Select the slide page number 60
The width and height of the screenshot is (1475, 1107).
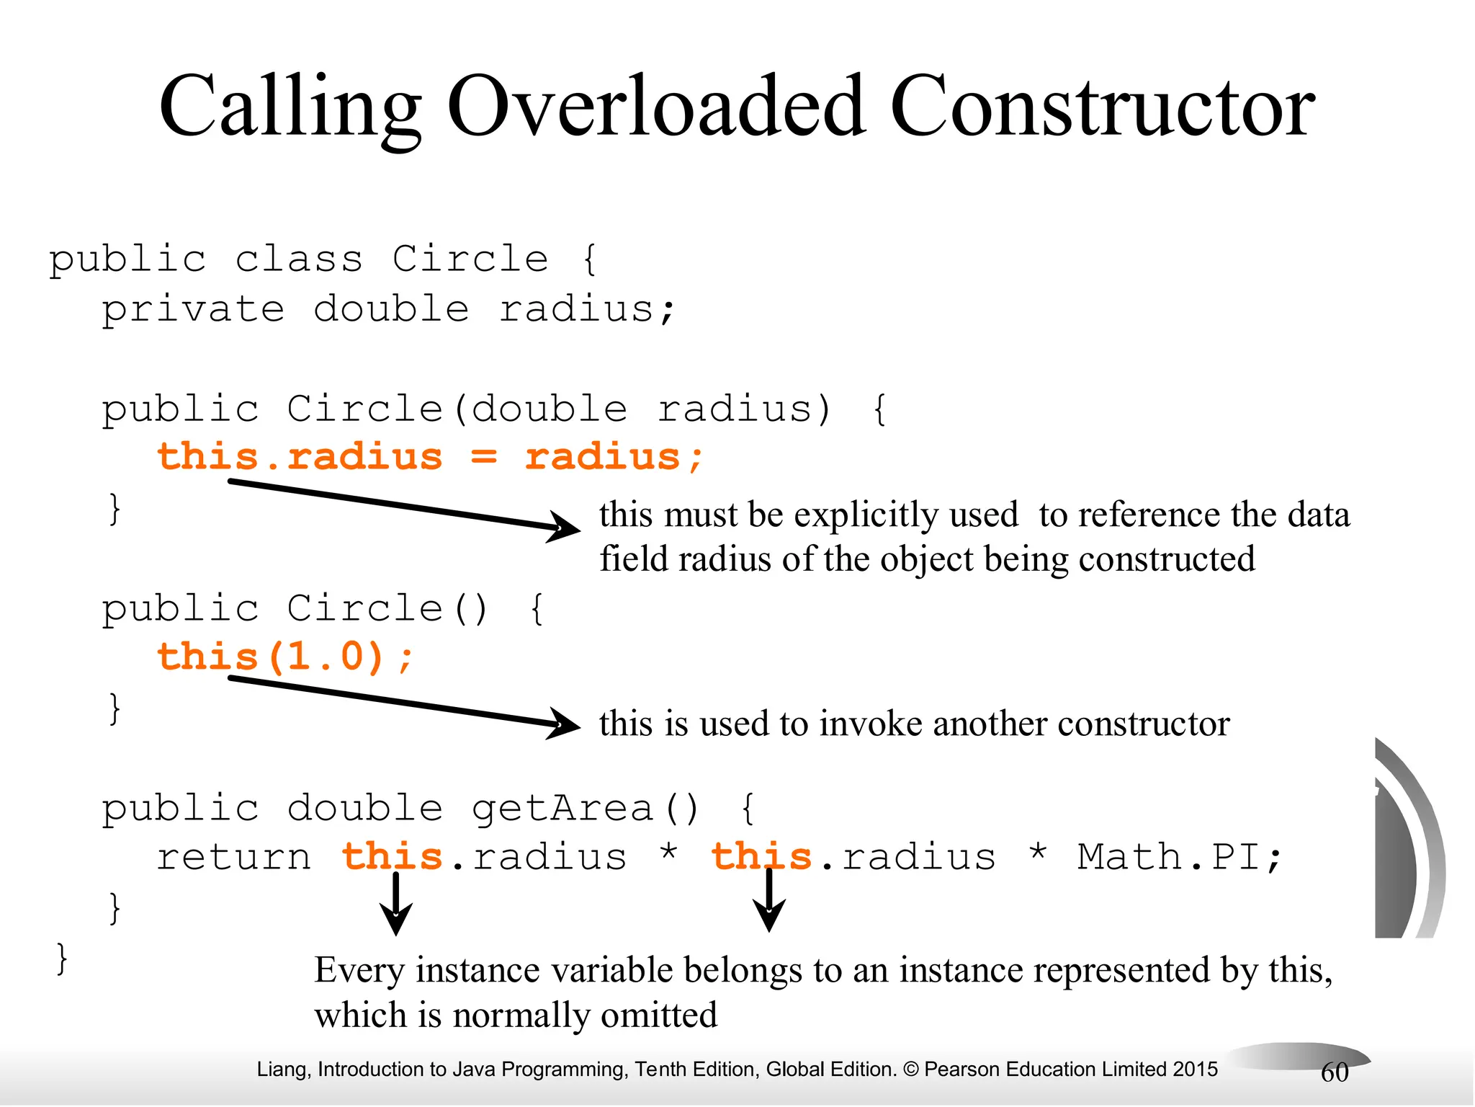(x=1335, y=1072)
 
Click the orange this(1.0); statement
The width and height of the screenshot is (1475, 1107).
(x=285, y=657)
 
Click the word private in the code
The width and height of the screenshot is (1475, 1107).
(x=193, y=310)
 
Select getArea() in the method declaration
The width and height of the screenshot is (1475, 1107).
(x=585, y=808)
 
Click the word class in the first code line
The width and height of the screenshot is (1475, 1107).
(x=299, y=259)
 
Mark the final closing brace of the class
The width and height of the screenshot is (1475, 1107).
(x=62, y=959)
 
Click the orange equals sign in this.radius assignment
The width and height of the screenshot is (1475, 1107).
(x=484, y=457)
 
